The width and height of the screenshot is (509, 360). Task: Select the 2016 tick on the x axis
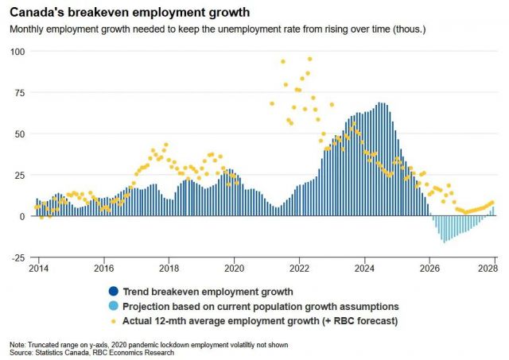103,269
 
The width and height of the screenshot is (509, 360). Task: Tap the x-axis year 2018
168,269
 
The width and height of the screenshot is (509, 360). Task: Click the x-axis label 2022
299,269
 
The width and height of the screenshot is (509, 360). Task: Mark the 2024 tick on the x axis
364,269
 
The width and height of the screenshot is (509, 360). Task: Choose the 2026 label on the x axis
429,269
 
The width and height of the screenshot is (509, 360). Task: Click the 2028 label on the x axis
492,269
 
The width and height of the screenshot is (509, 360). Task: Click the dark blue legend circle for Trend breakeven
115,291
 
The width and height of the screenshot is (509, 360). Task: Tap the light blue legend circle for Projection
115,306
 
